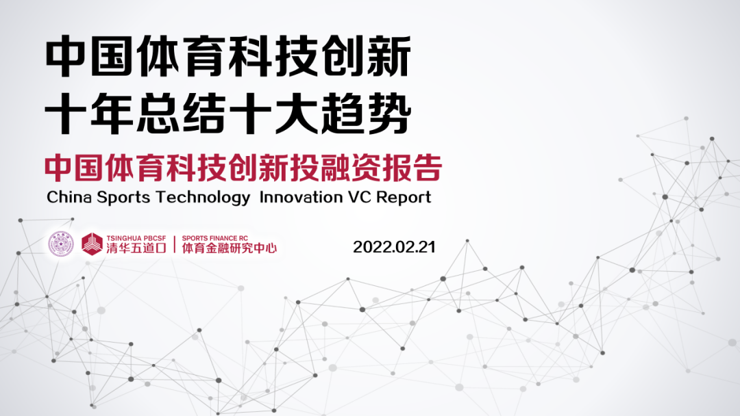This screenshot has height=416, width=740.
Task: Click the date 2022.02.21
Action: coord(394,247)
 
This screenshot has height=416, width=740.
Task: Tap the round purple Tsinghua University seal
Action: coord(62,244)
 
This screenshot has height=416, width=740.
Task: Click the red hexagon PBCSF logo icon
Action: coord(92,244)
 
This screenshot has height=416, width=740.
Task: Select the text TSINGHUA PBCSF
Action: coord(136,238)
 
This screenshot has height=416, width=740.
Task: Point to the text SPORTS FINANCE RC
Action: coord(214,238)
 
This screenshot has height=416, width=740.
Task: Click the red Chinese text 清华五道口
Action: coord(136,248)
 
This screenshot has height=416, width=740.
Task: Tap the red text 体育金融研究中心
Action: coord(230,248)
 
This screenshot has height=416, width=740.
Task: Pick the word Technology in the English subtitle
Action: coord(203,198)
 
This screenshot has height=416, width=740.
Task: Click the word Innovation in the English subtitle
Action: coord(301,197)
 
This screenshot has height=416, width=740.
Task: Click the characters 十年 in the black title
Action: coord(90,113)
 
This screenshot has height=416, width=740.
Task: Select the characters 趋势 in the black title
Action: coord(367,113)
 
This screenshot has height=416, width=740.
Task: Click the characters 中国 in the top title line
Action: coord(90,57)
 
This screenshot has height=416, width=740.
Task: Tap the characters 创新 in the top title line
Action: coord(367,57)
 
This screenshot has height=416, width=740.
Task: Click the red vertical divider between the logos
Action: coord(175,244)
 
